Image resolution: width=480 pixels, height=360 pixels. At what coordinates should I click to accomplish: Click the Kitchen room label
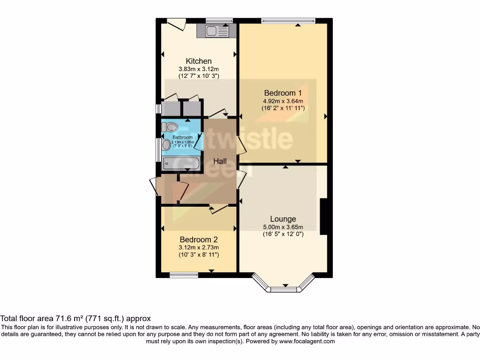tap(199, 61)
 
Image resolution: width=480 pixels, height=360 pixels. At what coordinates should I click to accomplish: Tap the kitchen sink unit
tap(216, 31)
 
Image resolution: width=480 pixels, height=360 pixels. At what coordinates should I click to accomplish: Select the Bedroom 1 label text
tap(283, 93)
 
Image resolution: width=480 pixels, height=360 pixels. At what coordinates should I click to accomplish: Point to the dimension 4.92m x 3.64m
tap(283, 101)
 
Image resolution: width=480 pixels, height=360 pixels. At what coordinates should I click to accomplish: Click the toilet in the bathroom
tap(171, 127)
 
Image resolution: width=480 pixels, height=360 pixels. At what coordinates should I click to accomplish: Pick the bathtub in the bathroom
tap(181, 164)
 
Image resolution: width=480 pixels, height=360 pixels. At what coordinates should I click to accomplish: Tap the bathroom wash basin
tap(166, 144)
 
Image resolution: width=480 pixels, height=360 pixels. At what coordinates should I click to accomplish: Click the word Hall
tap(220, 161)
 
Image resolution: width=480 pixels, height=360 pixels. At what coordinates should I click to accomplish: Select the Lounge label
tap(283, 219)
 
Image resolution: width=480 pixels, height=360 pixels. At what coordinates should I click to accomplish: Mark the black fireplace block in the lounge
tap(323, 217)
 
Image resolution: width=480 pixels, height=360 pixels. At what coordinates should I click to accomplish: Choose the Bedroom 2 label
tap(199, 240)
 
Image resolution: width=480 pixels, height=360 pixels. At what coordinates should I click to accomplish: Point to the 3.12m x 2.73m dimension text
tap(199, 247)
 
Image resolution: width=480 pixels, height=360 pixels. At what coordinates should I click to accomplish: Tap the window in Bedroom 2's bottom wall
tap(183, 275)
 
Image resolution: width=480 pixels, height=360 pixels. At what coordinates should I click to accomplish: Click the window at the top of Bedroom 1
tap(288, 20)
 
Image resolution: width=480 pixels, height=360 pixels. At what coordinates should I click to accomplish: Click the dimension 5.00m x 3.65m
tap(283, 227)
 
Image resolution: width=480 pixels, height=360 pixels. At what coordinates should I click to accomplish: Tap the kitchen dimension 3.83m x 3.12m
tap(199, 69)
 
